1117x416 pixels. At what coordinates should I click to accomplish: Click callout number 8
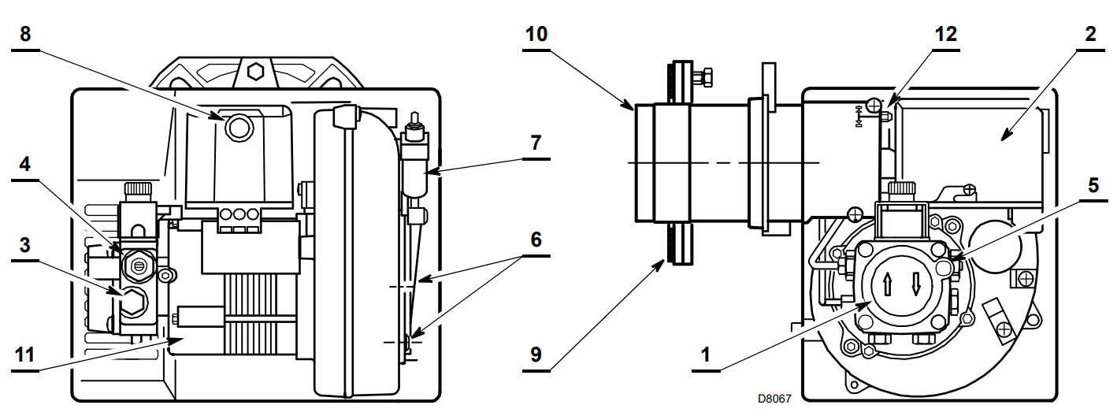(25, 34)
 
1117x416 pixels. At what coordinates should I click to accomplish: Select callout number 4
(25, 164)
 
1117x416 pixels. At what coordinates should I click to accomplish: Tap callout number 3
(25, 245)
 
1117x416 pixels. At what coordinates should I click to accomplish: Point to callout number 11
(25, 355)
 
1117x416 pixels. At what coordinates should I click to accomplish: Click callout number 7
(536, 143)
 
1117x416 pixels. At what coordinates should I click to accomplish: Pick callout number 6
(536, 240)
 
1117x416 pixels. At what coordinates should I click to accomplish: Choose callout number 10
(536, 34)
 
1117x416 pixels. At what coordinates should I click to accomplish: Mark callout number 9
(536, 355)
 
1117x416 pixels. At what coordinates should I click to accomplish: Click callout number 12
(946, 34)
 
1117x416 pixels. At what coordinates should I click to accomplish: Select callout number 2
(1090, 34)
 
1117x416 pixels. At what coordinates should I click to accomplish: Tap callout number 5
(1093, 186)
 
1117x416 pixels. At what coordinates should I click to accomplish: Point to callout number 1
(705, 355)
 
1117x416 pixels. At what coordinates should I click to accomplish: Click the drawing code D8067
(774, 399)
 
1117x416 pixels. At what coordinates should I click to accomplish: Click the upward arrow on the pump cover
(888, 285)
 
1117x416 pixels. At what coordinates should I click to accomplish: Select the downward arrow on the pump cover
(915, 284)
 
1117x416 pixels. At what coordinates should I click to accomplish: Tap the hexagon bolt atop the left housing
(255, 72)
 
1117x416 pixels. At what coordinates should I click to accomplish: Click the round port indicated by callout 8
(239, 127)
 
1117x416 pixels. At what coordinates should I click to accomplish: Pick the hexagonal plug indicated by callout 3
(132, 302)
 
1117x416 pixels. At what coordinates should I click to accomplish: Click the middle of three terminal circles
(239, 215)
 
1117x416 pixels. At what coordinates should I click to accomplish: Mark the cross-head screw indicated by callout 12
(874, 106)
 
